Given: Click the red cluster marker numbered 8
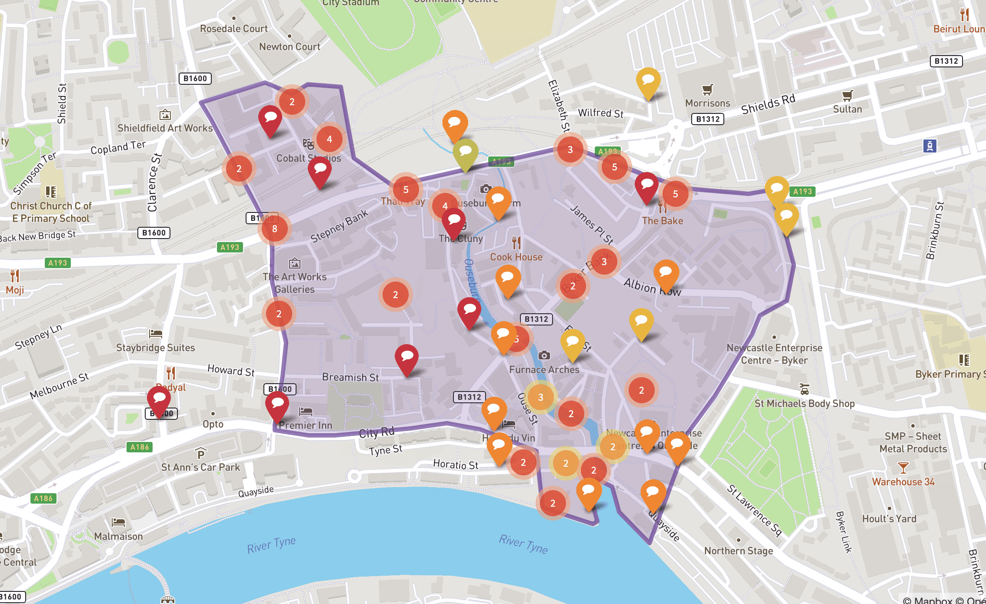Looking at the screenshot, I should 274,229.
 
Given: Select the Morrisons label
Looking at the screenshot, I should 707,103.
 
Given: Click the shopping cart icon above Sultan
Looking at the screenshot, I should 847,95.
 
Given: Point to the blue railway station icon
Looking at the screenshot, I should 929,146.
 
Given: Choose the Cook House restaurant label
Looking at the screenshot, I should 516,257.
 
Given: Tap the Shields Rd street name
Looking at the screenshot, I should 768,104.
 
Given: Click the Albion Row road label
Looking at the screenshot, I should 652,287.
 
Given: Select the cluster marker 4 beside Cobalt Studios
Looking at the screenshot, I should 329,139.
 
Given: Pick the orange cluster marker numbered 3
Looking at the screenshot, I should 540,397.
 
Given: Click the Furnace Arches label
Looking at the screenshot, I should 544,370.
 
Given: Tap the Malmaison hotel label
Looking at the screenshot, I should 118,537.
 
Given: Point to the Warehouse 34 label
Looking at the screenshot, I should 903,482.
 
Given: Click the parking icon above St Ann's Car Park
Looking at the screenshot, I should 200,454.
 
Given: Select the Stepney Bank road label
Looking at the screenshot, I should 339,226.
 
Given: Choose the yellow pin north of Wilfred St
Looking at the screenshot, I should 648,82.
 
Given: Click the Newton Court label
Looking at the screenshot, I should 290,47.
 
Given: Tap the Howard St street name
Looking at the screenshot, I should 231,371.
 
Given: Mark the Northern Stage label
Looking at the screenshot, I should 738,551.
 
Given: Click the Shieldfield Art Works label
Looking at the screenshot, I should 165,128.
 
